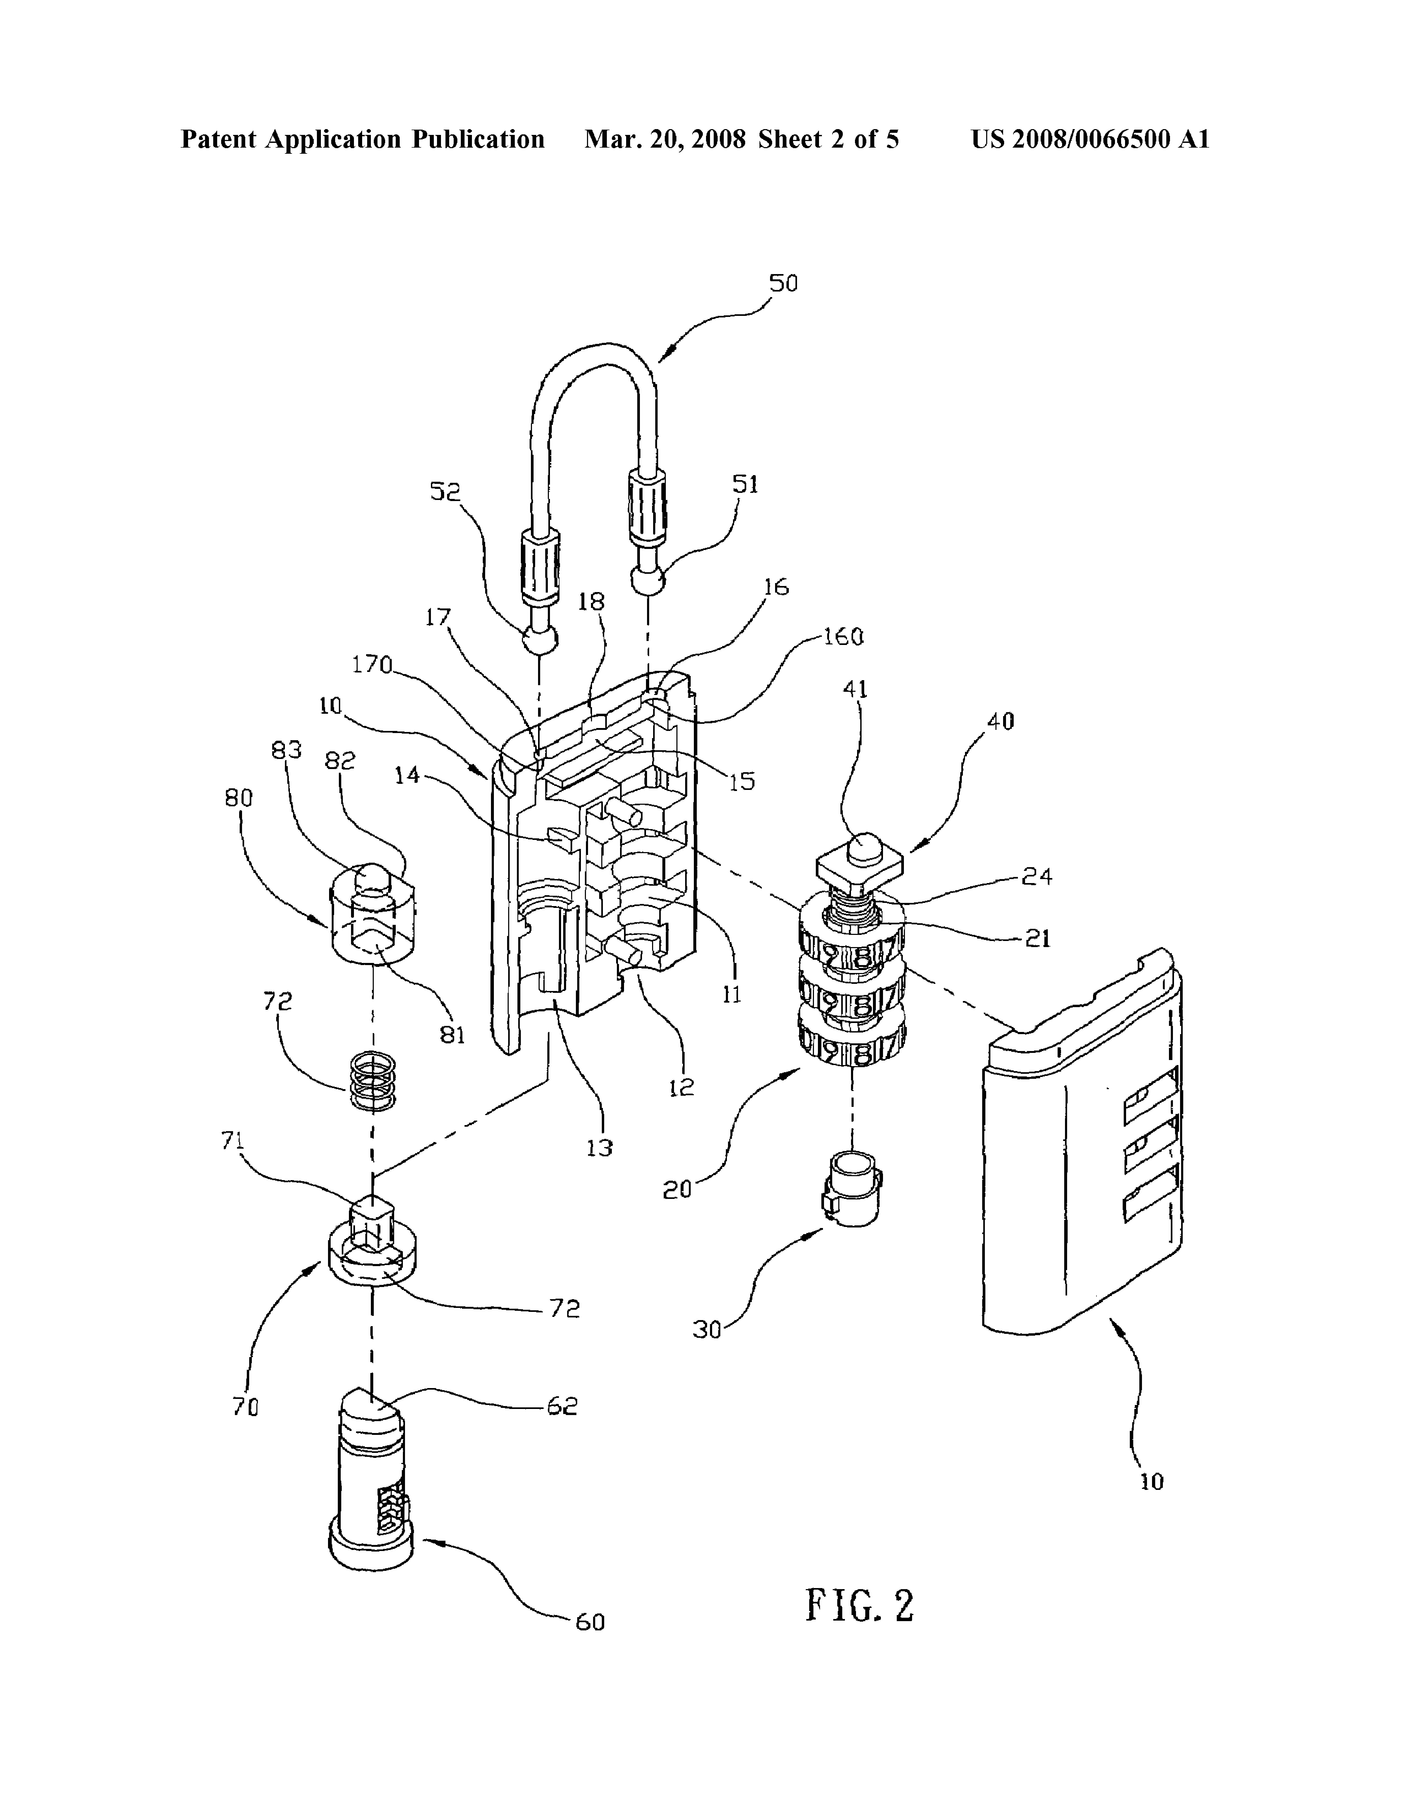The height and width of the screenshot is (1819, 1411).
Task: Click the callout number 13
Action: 600,1148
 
